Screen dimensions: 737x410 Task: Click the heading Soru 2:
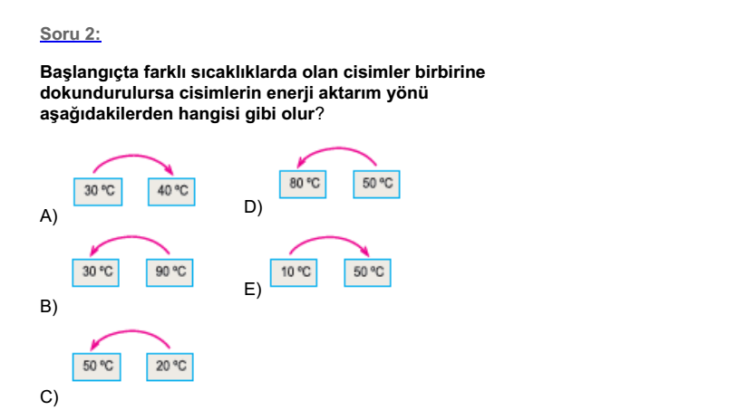click(x=71, y=33)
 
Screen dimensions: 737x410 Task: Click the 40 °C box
click(x=171, y=191)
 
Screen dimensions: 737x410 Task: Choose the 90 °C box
click(x=170, y=272)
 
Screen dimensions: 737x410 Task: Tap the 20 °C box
click(x=170, y=367)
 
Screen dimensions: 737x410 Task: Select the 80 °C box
click(x=303, y=184)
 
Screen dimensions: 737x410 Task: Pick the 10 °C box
click(x=294, y=272)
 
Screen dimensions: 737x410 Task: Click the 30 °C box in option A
click(x=98, y=191)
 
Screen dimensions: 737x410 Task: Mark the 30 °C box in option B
click(x=95, y=272)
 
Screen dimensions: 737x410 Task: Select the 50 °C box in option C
click(x=96, y=367)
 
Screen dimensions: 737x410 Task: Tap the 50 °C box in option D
click(x=376, y=184)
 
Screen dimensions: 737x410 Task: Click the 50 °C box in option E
click(x=367, y=272)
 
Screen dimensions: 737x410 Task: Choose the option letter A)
click(x=49, y=216)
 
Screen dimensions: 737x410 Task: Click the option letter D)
click(x=253, y=207)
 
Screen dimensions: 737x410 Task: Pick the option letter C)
click(x=49, y=397)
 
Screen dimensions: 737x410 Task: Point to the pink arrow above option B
click(x=130, y=237)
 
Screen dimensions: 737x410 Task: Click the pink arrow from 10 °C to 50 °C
click(x=329, y=237)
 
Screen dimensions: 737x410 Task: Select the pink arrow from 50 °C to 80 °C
click(x=336, y=148)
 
